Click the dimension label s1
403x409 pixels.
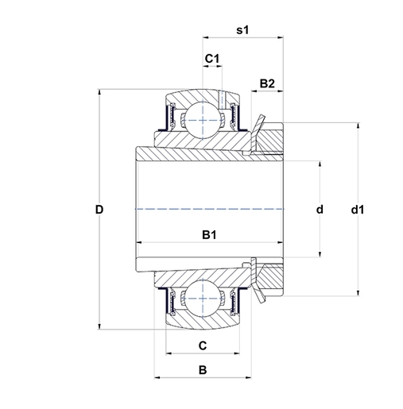[243, 31]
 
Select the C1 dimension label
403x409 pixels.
[211, 59]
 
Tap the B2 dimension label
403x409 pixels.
[267, 83]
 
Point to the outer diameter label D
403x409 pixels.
[99, 210]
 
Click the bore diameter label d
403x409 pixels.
[320, 210]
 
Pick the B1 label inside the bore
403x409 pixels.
[210, 234]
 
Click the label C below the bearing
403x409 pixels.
[203, 345]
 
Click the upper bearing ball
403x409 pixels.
[203, 122]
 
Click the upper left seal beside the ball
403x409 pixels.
[169, 119]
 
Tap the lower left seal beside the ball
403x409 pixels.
[169, 300]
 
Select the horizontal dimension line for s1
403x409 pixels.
[243, 37]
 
